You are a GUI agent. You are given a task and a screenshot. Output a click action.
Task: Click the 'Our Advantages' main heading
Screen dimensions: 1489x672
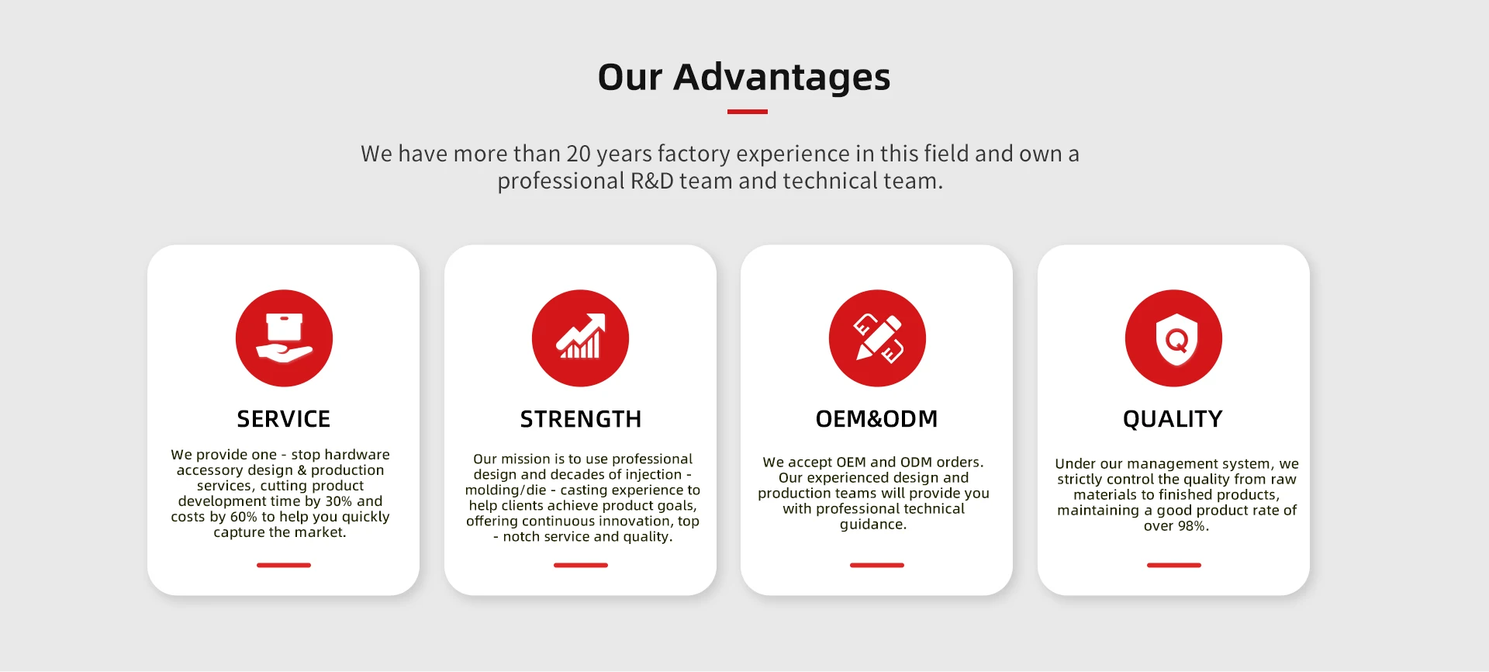pos(744,78)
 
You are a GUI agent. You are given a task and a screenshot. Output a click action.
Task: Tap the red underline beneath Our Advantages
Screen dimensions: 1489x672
pos(748,112)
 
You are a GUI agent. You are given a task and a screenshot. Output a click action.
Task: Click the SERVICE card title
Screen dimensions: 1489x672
pos(284,419)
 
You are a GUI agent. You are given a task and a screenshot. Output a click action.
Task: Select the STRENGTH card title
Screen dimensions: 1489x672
pos(581,419)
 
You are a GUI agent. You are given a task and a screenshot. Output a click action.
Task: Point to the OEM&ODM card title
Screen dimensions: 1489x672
pos(877,419)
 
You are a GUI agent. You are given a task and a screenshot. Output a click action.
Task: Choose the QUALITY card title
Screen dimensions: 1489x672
pos(1173,419)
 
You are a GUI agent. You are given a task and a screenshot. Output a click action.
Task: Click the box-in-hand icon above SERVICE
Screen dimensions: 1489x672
pos(284,338)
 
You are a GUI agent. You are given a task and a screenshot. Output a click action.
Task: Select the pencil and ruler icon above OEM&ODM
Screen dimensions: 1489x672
pos(877,338)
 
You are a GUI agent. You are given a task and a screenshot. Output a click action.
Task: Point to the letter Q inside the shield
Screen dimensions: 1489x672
pos(1177,340)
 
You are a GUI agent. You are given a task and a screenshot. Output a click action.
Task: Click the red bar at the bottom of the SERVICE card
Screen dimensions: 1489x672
pos(284,565)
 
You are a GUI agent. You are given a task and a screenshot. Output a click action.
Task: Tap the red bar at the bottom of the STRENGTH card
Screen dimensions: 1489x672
pos(581,565)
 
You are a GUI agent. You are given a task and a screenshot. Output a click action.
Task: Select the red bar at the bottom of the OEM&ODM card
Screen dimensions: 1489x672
pos(877,565)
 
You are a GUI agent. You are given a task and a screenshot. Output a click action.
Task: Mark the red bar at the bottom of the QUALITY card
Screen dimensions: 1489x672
pos(1174,565)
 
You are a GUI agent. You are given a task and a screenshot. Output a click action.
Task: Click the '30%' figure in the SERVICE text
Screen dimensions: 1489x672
pos(338,501)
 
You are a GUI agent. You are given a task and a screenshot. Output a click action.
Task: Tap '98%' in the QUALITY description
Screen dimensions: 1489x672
pos(1192,526)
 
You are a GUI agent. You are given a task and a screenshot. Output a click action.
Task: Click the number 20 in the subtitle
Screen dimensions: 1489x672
pos(579,154)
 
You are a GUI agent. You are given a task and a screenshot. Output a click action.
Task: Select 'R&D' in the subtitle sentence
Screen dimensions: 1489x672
pos(651,181)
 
